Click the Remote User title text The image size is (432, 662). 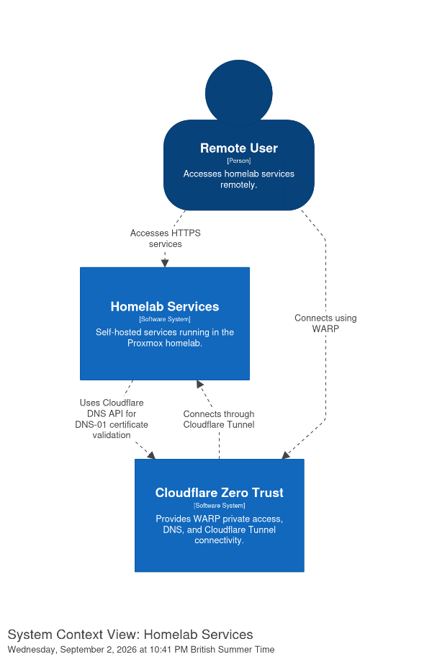239,148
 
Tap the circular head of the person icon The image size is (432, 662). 239,94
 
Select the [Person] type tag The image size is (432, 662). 239,161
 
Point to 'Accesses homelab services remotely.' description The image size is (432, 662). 239,179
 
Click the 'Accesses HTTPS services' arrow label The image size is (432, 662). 166,238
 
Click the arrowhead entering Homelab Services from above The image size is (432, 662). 165,264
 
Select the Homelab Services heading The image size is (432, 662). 165,307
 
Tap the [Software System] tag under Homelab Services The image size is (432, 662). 165,319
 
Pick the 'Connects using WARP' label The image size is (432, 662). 325,323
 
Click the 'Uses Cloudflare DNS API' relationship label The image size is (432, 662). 112,419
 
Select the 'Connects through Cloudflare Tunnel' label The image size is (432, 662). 219,419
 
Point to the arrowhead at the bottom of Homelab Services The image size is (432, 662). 199,384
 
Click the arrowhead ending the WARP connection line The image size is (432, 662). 286,455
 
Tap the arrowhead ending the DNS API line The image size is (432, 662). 151,455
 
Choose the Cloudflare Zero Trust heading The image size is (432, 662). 220,493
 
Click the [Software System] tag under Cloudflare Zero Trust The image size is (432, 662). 220,506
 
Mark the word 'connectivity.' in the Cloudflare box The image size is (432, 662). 219,540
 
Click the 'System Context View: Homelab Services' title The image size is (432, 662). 130,635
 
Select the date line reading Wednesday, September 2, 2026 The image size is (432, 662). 141,649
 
